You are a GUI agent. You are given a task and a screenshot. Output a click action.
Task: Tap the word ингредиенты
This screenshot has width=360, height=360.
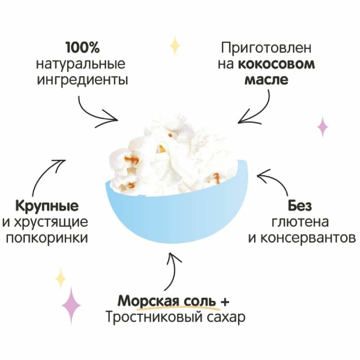click(82, 81)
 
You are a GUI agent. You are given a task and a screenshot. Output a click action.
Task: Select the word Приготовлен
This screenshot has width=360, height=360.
click(266, 48)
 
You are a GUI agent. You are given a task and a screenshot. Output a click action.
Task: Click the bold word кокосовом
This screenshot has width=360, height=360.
click(276, 64)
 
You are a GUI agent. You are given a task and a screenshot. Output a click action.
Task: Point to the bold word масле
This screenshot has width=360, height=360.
click(266, 81)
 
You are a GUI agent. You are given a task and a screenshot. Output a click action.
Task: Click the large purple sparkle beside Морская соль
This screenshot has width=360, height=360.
click(71, 305)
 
